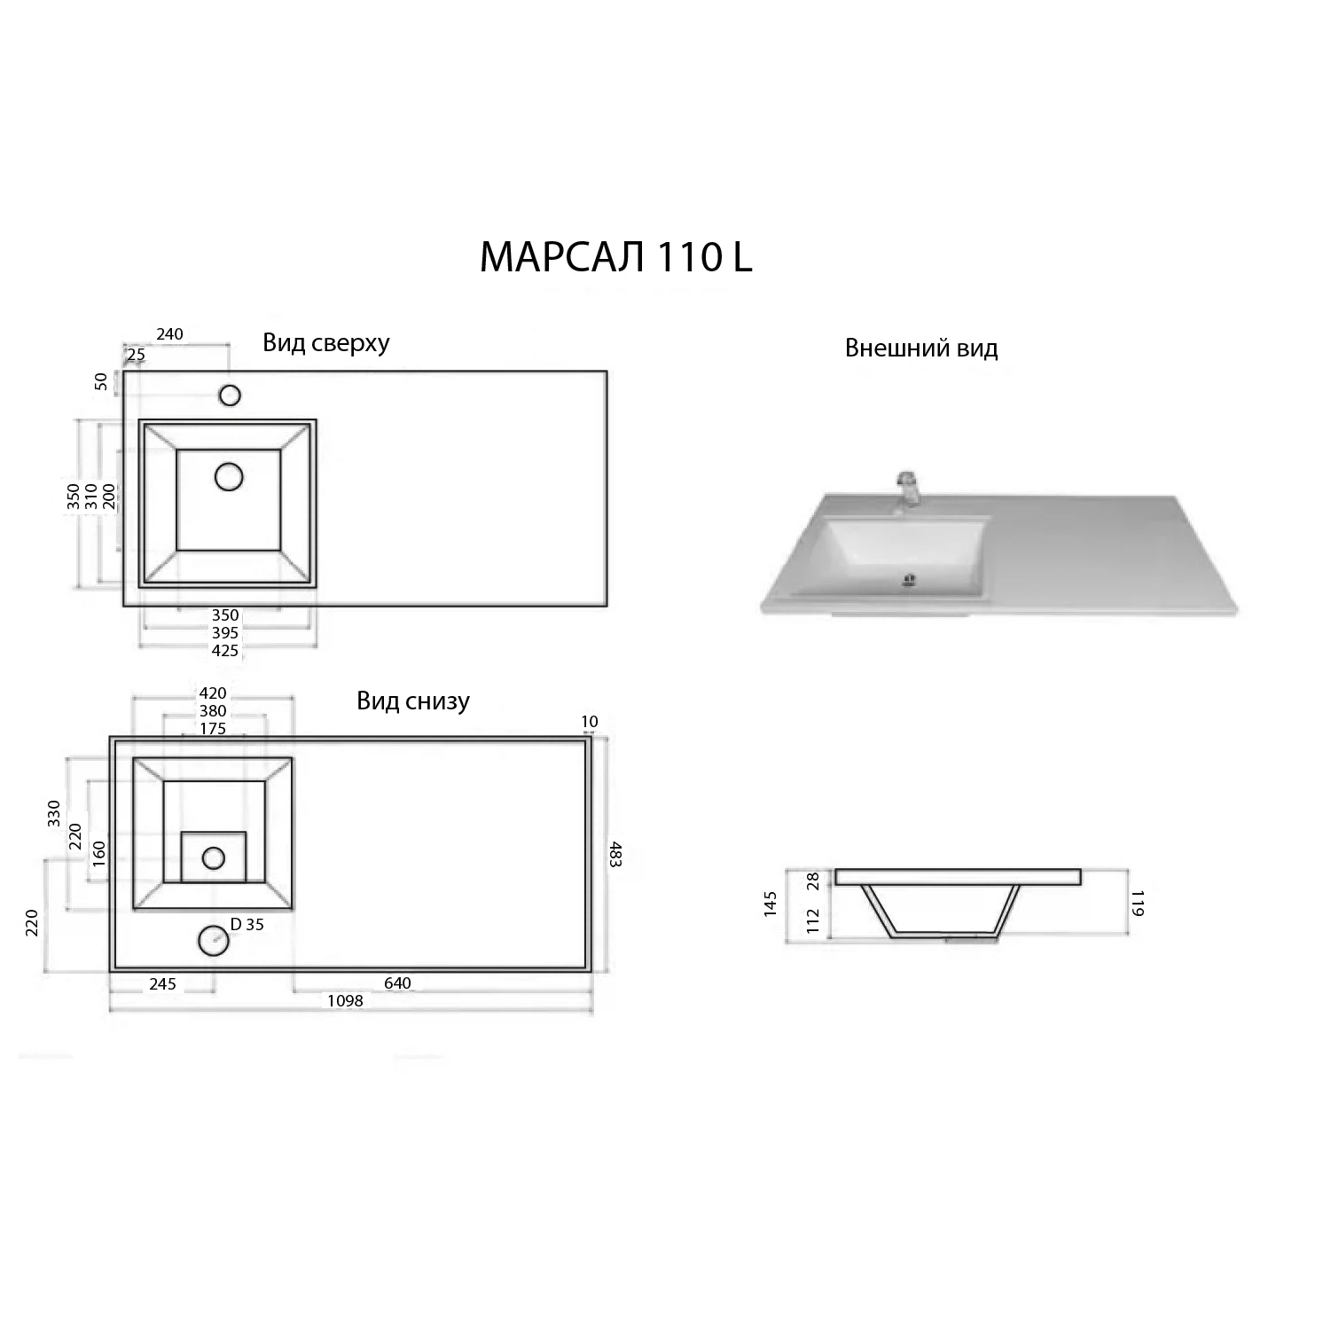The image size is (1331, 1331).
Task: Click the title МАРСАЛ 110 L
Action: point(615,257)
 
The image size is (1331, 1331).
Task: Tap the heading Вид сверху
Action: point(326,343)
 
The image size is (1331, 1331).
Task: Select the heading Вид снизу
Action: point(413,701)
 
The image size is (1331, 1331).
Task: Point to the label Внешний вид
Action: point(921,348)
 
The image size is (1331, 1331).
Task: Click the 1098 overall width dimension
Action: point(346,1001)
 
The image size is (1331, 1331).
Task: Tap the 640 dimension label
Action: point(397,983)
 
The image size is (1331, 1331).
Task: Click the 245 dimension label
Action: point(163,983)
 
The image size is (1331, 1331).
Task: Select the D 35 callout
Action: point(247,925)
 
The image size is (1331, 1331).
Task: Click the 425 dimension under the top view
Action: point(225,650)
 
